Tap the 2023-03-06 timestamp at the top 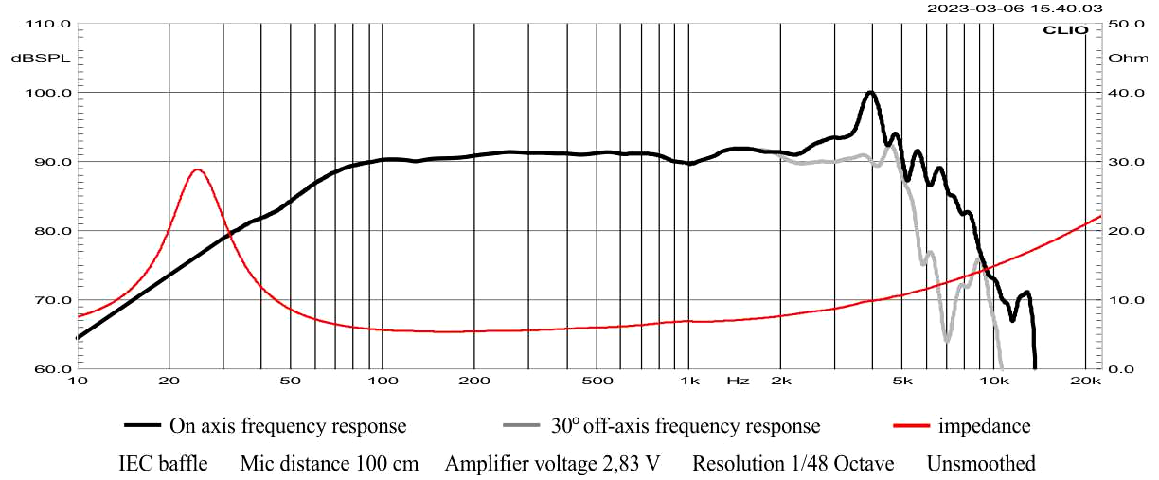click(1014, 8)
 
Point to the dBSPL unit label click(35, 58)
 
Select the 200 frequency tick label click(473, 381)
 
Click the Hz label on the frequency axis click(738, 381)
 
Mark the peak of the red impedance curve click(197, 169)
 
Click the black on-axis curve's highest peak click(870, 92)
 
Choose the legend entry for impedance click(984, 426)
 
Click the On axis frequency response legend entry click(287, 426)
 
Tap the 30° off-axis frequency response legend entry click(685, 426)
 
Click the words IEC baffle click(163, 464)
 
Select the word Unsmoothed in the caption click(981, 464)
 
